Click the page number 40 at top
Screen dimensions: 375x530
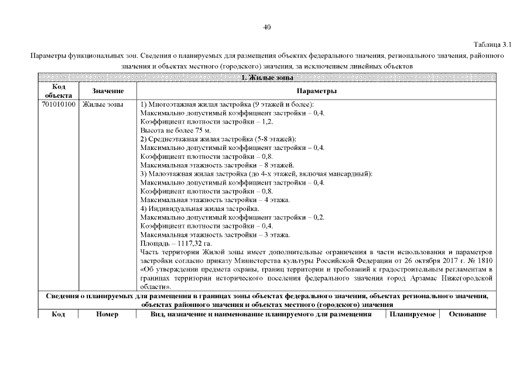[x=267, y=27]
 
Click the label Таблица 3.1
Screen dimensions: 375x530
[x=493, y=45]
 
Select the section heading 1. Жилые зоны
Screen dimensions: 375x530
[x=267, y=77]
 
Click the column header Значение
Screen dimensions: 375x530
[x=108, y=91]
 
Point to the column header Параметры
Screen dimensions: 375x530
[x=316, y=91]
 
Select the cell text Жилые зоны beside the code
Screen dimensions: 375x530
[x=102, y=104]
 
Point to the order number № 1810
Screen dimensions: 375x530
[x=483, y=261]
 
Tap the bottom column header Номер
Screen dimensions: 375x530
[x=107, y=314]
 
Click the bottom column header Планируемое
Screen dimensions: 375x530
[x=412, y=314]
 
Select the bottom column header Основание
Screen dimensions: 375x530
[x=467, y=314]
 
